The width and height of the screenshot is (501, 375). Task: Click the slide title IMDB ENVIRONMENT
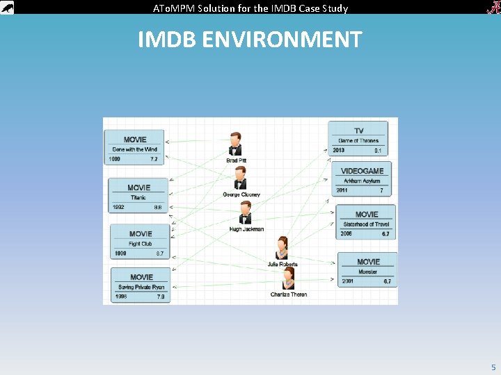(x=250, y=40)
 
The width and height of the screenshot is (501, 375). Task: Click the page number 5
(x=493, y=367)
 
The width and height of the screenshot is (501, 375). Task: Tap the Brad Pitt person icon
(x=236, y=144)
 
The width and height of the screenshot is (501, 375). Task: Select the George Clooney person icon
(x=240, y=178)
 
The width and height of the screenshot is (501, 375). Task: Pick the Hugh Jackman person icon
(x=245, y=212)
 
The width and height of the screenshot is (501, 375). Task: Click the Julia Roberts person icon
(x=282, y=248)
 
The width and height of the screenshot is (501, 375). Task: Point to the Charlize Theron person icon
(x=288, y=279)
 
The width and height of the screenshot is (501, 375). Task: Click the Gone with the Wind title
(x=135, y=149)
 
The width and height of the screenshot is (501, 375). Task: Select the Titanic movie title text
(x=138, y=197)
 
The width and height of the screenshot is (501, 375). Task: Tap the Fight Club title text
(x=140, y=244)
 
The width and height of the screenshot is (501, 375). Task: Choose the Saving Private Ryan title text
(x=141, y=287)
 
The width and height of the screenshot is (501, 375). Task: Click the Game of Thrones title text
(x=358, y=141)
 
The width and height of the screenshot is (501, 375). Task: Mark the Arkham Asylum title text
(x=362, y=181)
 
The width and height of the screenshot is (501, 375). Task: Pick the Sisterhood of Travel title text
(x=366, y=224)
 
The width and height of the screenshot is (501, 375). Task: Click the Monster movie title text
(x=368, y=272)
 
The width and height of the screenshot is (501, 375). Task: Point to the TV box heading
(x=359, y=131)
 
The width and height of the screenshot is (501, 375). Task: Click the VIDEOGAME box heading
(x=362, y=171)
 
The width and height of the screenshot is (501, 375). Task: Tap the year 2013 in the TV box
(x=339, y=150)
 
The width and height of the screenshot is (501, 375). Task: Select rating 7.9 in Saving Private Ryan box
(x=161, y=297)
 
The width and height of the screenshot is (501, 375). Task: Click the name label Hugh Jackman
(x=246, y=229)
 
